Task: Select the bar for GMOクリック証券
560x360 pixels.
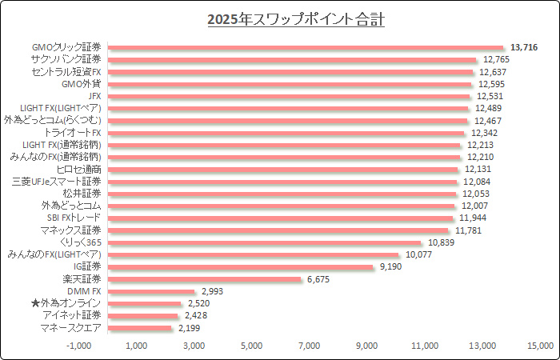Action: click(x=306, y=48)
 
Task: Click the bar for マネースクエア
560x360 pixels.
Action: click(x=139, y=328)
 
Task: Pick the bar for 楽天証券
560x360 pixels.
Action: click(x=204, y=279)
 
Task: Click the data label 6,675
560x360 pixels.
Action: click(x=318, y=279)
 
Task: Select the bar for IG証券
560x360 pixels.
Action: click(x=240, y=267)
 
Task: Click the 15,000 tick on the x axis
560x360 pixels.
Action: click(x=539, y=346)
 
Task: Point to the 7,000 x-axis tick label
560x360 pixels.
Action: click(x=309, y=346)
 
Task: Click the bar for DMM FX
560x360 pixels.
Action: click(x=151, y=291)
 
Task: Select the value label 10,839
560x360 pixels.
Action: click(x=441, y=242)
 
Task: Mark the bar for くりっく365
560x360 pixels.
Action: click(x=264, y=242)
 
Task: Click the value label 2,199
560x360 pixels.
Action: click(x=189, y=328)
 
